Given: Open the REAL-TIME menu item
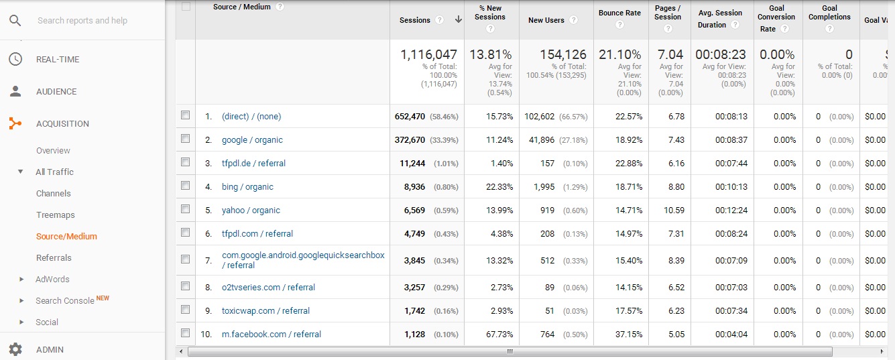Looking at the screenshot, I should [x=58, y=60].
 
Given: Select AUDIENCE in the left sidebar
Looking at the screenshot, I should [x=56, y=92].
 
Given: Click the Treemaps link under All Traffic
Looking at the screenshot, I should [x=56, y=215].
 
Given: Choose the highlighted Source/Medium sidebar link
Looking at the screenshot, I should [x=66, y=237].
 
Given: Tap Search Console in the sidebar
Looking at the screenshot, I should [x=65, y=301].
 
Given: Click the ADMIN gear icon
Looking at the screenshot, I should [x=15, y=349].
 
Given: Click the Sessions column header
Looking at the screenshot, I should [x=415, y=20].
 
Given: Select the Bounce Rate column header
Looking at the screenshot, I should [x=619, y=13].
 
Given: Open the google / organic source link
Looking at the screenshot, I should [x=252, y=140].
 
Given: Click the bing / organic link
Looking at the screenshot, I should [x=247, y=187].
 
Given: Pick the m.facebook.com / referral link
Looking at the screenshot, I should [x=272, y=335].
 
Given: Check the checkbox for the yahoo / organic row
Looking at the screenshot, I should [x=186, y=209].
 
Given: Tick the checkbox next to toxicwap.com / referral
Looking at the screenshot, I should [x=186, y=310].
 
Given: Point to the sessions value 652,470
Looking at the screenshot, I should [x=410, y=117].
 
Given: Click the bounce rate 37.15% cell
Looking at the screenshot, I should [x=629, y=335].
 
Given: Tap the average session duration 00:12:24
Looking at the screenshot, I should [x=731, y=211].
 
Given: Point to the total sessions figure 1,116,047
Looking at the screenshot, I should [x=428, y=55].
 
